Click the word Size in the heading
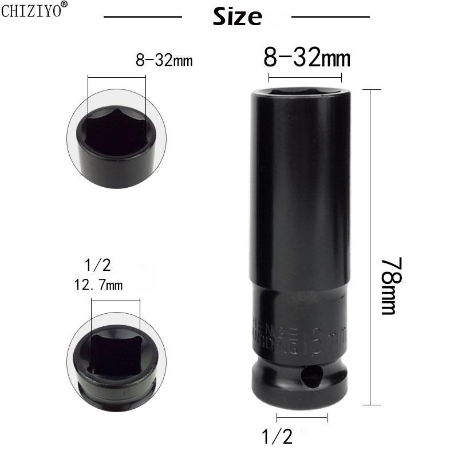tap(237, 17)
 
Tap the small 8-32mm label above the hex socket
tap(164, 60)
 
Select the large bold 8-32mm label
tap(306, 58)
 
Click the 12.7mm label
tap(98, 285)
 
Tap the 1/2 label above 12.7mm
tap(97, 265)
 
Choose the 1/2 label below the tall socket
tap(277, 437)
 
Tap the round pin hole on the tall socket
tap(310, 376)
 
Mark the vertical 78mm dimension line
tap(372, 247)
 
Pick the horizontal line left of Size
tap(143, 17)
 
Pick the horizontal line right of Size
tap(330, 17)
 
